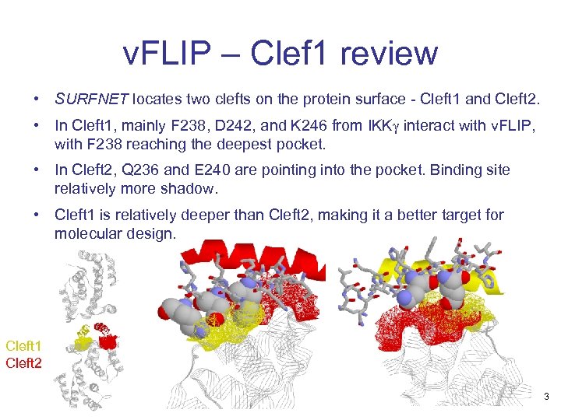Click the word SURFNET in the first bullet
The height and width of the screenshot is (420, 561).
coord(91,100)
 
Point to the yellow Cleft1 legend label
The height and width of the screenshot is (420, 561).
coord(24,345)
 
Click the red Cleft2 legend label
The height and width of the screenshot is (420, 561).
coord(24,362)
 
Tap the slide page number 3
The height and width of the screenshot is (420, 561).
coord(546,397)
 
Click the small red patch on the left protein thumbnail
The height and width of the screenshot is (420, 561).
coord(108,341)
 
